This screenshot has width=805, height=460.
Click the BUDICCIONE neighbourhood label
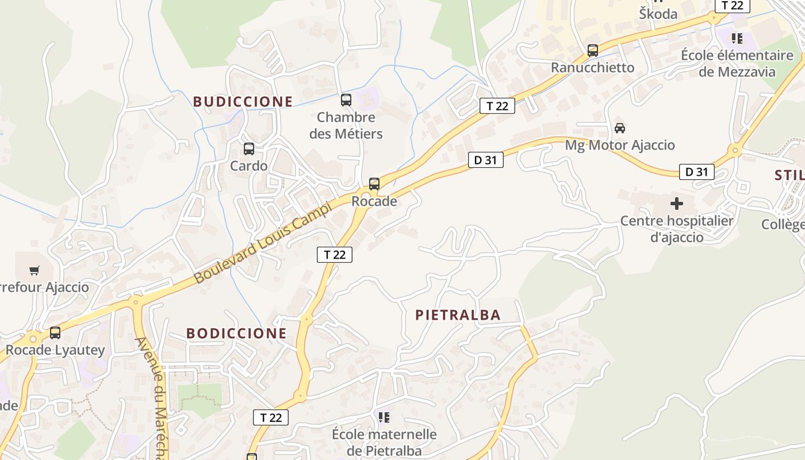[x=243, y=102]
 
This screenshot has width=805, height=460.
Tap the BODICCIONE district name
[x=236, y=333]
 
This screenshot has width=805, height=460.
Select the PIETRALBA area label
[x=458, y=315]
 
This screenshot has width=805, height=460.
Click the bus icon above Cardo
[x=249, y=149]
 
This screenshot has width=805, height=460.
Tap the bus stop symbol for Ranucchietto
[x=593, y=51]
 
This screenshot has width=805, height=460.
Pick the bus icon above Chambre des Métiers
[x=346, y=100]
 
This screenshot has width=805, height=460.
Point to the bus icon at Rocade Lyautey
[x=55, y=333]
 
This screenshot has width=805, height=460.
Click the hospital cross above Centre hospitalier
[x=677, y=204]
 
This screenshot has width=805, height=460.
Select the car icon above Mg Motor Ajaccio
[x=620, y=128]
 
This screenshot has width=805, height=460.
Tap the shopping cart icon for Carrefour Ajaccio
[x=34, y=270]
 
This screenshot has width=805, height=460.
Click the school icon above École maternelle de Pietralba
[x=384, y=417]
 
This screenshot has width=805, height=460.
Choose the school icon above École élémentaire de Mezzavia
[x=737, y=39]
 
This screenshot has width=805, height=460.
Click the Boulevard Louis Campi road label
[x=263, y=242]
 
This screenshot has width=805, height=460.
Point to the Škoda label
[x=658, y=14]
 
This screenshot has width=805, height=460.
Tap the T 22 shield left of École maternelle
[x=271, y=417]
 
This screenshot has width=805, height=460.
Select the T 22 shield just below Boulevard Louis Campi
[x=335, y=254]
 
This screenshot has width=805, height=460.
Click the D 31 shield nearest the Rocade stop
[x=486, y=160]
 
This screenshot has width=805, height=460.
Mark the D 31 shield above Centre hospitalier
[x=696, y=171]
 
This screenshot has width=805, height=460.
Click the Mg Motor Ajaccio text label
[x=620, y=145]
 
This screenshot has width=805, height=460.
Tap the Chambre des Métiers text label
[x=346, y=125]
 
